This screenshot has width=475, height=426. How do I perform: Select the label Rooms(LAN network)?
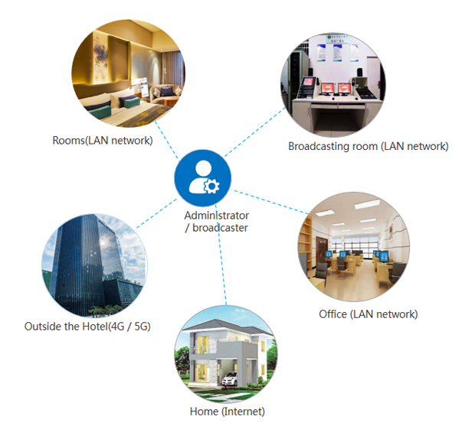pos(102,141)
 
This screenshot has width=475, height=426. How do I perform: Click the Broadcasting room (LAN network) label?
pos(368,146)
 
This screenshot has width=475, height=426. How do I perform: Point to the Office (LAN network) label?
pos(368,314)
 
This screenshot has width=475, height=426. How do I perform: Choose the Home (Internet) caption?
pos(227,411)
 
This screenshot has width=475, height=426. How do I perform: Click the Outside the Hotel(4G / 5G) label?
pos(87,326)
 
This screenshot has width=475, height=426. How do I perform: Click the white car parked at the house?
pos(233,379)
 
